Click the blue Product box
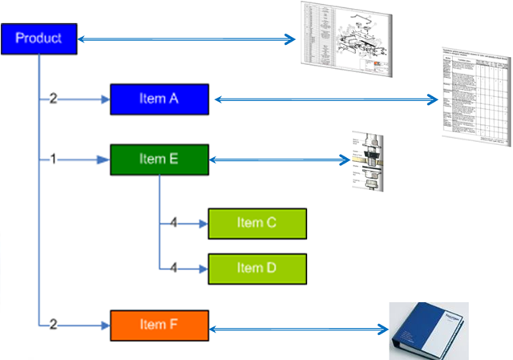(x=39, y=38)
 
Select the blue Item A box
(x=159, y=99)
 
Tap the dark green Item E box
(x=159, y=160)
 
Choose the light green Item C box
(x=257, y=223)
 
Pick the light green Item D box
(x=257, y=269)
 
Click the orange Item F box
(x=159, y=325)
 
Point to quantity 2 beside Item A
(x=53, y=99)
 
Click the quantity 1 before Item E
(x=53, y=160)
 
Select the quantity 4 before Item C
(x=173, y=223)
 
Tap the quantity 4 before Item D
(x=173, y=269)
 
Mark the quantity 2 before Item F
(x=53, y=325)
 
